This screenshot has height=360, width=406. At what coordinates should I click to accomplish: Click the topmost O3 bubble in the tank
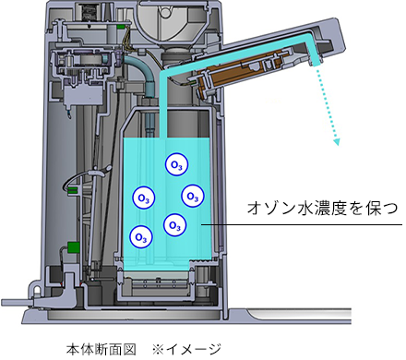coord(174,165)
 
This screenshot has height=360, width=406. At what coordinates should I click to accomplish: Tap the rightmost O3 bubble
coord(192,196)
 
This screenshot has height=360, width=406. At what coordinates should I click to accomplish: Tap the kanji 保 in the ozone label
coord(364,209)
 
